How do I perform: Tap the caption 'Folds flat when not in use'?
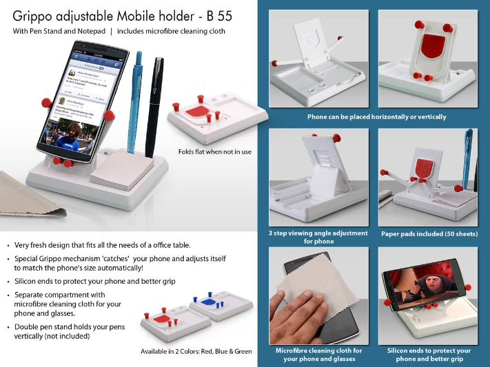(x=214, y=151)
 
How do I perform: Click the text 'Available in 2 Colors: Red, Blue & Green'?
(x=196, y=351)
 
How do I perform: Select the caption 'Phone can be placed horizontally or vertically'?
(x=376, y=117)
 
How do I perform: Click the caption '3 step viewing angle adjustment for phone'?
(x=318, y=237)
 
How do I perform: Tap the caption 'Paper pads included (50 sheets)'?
(x=429, y=233)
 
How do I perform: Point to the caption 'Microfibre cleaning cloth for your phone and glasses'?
(x=318, y=354)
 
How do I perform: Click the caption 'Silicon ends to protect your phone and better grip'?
(x=429, y=354)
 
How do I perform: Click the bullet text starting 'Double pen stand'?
(x=70, y=331)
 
